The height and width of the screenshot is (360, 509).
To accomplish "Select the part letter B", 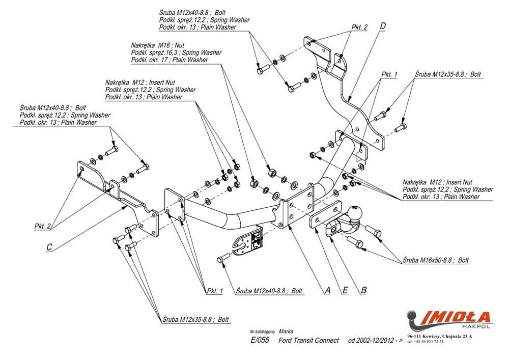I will tap(363, 290).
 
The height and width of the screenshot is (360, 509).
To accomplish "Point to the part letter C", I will tap(49, 247).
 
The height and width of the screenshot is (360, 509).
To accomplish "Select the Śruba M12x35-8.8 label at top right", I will tap(447, 74).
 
